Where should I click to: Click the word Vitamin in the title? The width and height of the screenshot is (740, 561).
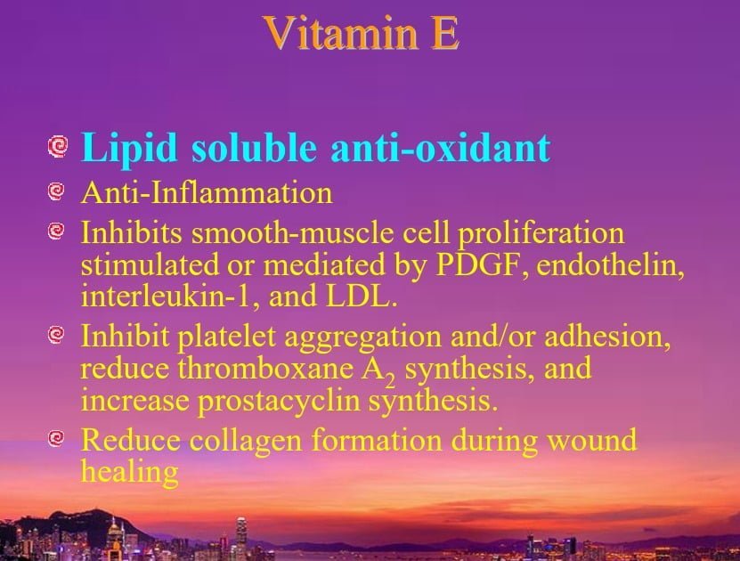tap(341, 33)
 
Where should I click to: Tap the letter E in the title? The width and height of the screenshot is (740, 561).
tap(444, 33)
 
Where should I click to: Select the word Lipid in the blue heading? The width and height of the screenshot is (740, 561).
tap(129, 149)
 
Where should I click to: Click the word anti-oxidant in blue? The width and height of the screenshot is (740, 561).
tap(440, 148)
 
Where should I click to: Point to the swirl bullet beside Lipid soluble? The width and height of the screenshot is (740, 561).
tap(58, 146)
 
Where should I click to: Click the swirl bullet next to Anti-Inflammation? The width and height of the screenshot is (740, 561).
tap(56, 191)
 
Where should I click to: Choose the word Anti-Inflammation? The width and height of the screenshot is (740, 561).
tap(207, 193)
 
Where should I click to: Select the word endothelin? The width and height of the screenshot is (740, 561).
tap(610, 264)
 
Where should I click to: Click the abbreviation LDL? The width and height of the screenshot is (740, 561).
tap(361, 297)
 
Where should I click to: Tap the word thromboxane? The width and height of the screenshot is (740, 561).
tap(265, 369)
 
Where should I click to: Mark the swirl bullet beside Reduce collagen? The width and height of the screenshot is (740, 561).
tap(56, 438)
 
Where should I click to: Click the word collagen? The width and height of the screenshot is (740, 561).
tap(246, 441)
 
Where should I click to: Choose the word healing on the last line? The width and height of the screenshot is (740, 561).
tap(130, 472)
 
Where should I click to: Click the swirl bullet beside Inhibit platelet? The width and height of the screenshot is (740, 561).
tap(56, 335)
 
